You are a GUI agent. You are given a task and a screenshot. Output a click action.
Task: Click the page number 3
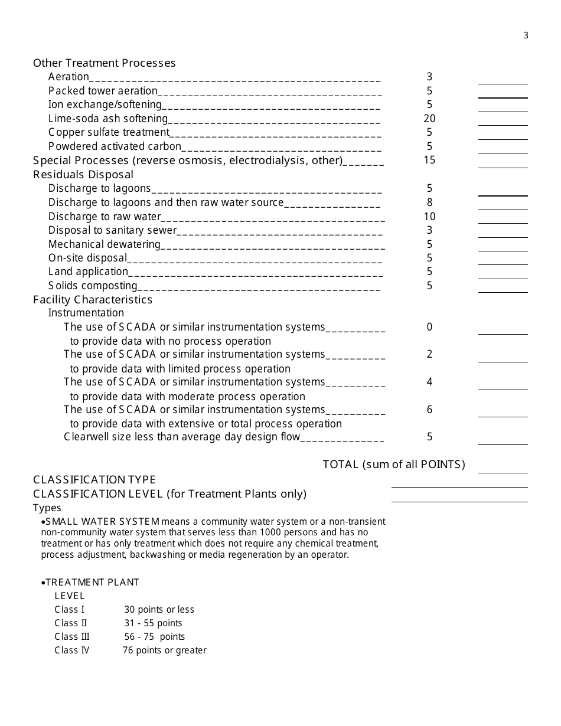click(x=526, y=35)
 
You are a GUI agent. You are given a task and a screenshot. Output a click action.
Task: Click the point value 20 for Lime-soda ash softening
click(x=429, y=119)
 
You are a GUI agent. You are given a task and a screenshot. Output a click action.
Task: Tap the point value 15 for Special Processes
click(x=429, y=160)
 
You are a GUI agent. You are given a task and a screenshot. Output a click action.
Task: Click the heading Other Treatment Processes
click(x=105, y=63)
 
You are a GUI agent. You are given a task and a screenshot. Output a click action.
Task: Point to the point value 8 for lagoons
click(x=429, y=202)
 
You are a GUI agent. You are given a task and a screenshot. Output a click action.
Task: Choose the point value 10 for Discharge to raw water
click(x=429, y=217)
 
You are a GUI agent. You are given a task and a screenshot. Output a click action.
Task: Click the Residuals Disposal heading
click(x=83, y=175)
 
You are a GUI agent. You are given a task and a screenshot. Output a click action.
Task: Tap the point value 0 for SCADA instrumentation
click(x=429, y=327)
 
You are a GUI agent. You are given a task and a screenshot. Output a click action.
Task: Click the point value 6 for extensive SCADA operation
click(x=429, y=410)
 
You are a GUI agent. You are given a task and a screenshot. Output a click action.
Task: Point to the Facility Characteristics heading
click(x=93, y=300)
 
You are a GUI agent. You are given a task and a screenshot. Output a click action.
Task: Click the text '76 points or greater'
click(x=165, y=650)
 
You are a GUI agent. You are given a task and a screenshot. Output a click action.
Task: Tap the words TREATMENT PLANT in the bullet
click(x=93, y=583)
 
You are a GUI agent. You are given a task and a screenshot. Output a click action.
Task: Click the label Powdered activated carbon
click(x=115, y=146)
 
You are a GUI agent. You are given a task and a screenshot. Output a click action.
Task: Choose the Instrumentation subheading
click(x=86, y=313)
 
